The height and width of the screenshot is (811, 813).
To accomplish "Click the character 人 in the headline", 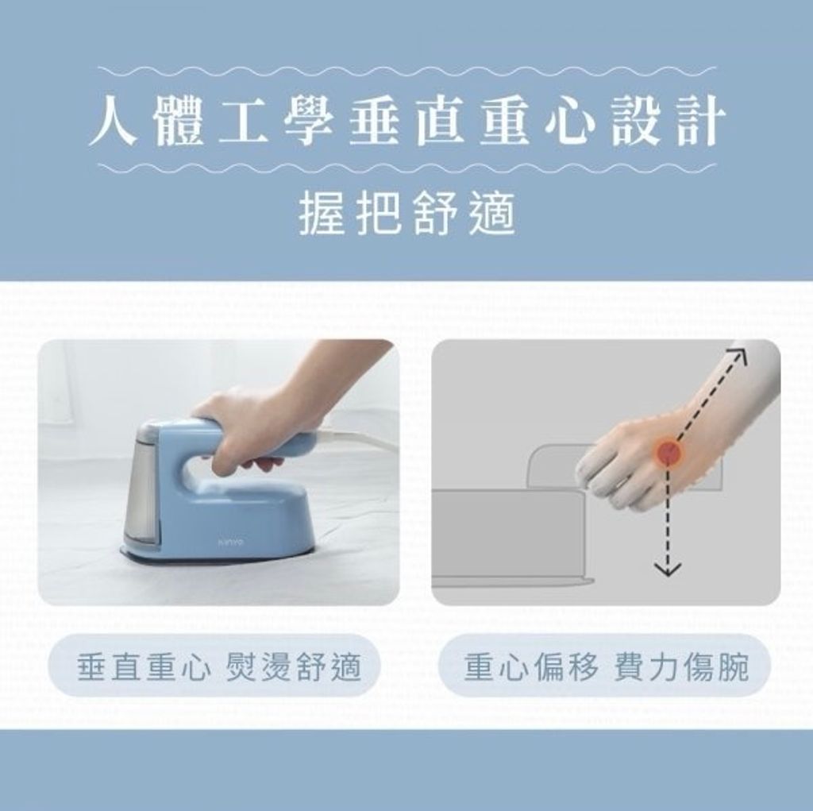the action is click(114, 121).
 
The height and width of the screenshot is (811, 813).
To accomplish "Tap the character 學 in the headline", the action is click(308, 121).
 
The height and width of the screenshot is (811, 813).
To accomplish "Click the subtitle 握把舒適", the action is click(407, 213).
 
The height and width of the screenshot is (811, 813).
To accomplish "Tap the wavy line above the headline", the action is click(407, 71).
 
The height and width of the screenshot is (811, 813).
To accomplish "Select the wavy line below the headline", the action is click(407, 168).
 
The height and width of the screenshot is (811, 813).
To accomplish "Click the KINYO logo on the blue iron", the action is click(232, 542).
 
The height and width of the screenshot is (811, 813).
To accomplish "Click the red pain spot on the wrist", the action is click(670, 453).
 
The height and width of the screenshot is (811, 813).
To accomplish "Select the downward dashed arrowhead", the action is click(668, 569).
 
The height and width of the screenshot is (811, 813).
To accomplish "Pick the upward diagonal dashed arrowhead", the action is click(738, 354).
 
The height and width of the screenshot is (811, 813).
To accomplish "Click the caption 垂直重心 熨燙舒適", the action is click(219, 666).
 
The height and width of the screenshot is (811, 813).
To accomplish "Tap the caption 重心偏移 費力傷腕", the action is click(606, 666).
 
